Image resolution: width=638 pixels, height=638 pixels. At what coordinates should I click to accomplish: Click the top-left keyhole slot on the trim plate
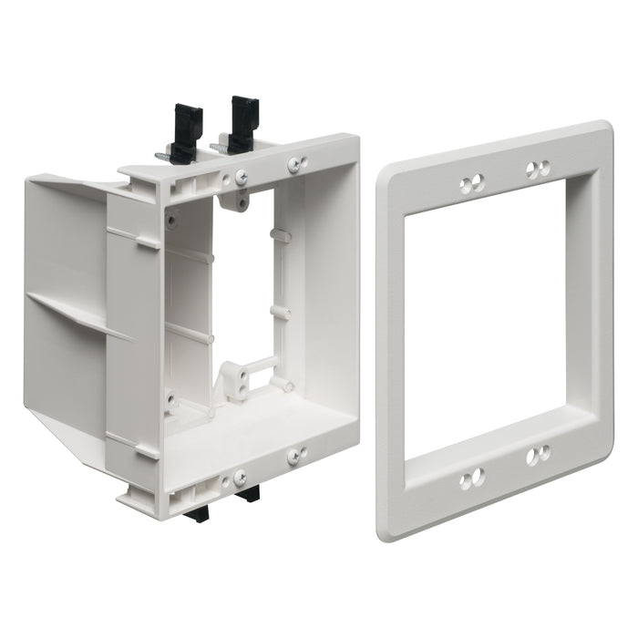click(x=471, y=184)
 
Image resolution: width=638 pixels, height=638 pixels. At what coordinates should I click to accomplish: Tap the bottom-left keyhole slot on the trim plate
click(x=471, y=479)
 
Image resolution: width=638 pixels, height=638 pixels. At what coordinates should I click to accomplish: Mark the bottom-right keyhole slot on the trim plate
click(x=538, y=453)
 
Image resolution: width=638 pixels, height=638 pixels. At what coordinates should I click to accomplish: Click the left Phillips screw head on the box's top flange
click(x=241, y=178)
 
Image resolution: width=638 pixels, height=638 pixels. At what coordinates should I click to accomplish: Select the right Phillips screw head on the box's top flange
click(x=297, y=165)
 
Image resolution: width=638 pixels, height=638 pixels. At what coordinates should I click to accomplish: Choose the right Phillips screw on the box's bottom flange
click(x=297, y=456)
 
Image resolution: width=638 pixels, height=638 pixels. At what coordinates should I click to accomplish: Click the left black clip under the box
click(x=195, y=512)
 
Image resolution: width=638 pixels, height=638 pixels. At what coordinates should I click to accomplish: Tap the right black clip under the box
click(x=248, y=494)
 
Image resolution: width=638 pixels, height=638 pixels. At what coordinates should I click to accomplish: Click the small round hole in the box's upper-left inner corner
click(x=170, y=218)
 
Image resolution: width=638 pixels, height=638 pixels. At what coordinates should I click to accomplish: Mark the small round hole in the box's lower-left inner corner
click(x=170, y=398)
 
